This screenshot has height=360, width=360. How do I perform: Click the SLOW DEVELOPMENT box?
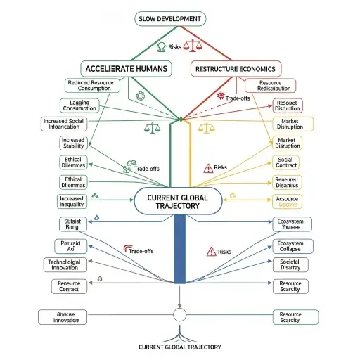click(x=180, y=18)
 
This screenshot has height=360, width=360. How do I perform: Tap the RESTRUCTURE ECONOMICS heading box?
click(x=236, y=68)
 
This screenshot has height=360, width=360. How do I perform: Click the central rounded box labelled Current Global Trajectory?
click(x=180, y=202)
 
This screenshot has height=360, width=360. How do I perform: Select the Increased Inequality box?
click(x=72, y=202)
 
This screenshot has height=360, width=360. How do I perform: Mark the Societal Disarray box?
click(x=290, y=266)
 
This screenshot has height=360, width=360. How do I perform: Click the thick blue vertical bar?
click(x=180, y=250)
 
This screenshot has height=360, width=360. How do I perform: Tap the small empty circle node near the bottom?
click(x=179, y=314)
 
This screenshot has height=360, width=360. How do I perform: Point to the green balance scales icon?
click(x=151, y=128)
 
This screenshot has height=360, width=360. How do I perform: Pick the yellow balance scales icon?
click(x=207, y=128)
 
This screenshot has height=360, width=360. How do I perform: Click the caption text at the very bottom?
click(x=180, y=347)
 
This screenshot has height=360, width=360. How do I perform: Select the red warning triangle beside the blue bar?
click(x=210, y=251)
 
